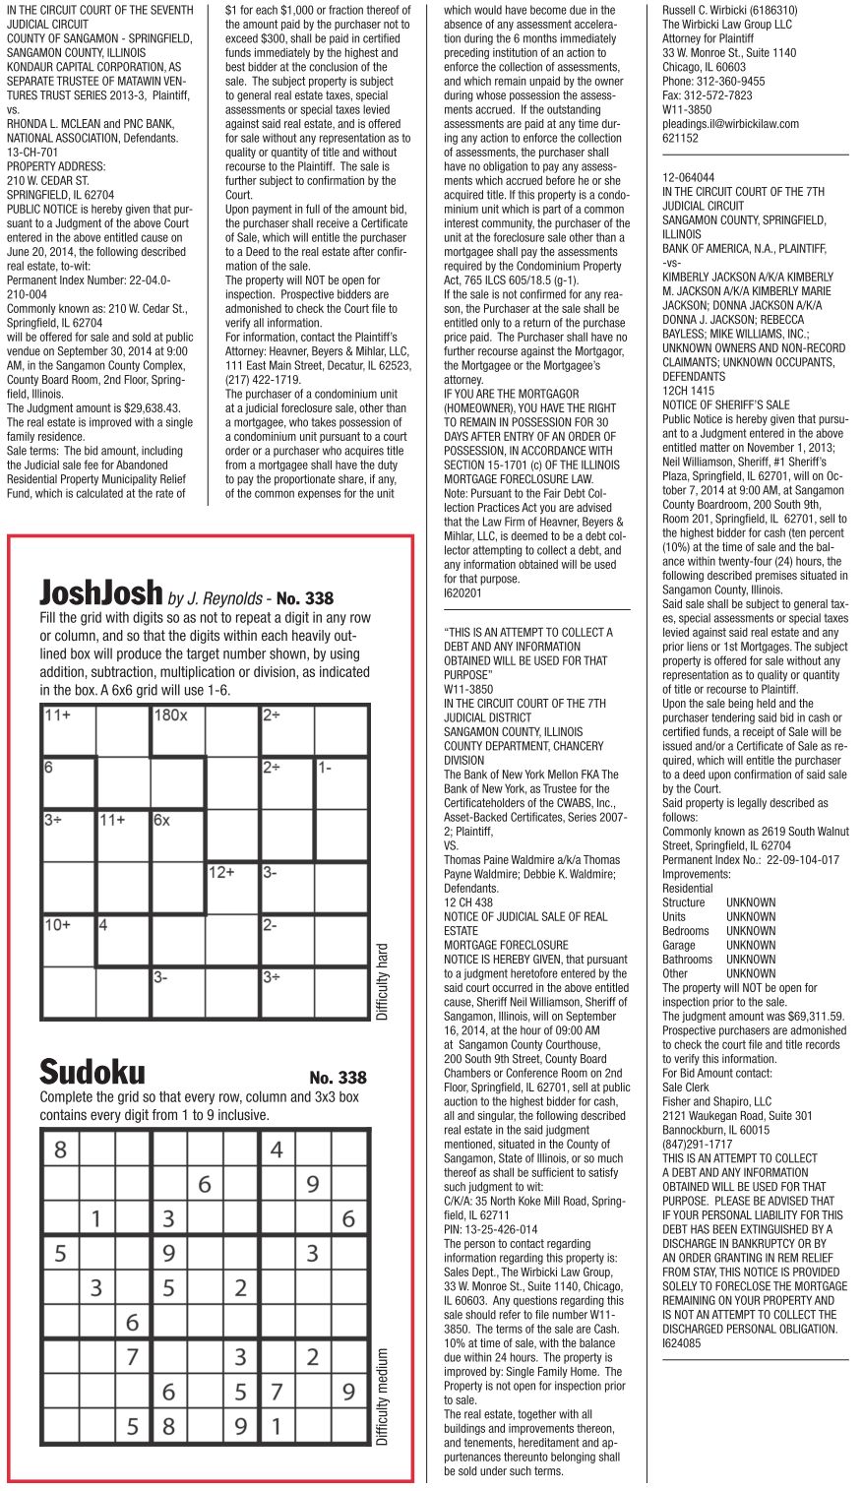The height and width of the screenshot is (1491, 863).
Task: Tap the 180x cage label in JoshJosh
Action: pos(171,715)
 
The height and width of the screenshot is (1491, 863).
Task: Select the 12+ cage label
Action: pos(221,873)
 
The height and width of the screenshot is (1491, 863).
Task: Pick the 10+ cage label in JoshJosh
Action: pos(57,925)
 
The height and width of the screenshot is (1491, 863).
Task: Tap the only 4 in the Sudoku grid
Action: pos(277,1149)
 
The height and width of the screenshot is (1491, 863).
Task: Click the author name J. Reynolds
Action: pos(228,598)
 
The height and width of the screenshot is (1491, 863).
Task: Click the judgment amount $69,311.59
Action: pos(802,1016)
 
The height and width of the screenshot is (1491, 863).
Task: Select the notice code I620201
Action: pos(463,593)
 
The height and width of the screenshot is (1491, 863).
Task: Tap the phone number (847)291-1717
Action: pos(697,1144)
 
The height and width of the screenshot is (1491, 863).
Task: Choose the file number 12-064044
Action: pos(689,177)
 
